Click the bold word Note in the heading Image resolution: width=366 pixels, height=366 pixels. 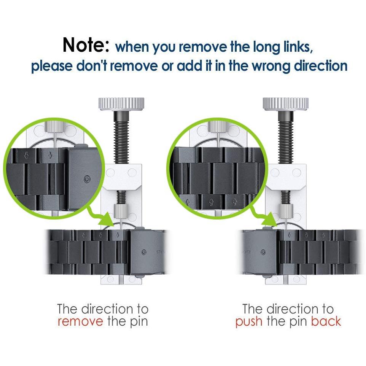(x=86, y=45)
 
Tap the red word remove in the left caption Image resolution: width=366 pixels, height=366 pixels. (x=80, y=321)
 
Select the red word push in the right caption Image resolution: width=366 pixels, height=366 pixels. (x=249, y=321)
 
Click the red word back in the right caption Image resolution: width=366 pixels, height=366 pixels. (x=326, y=321)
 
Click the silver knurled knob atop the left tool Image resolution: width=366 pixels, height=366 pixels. (x=121, y=104)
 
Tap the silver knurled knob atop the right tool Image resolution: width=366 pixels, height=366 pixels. (x=285, y=104)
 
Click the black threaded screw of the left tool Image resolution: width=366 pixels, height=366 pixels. (x=121, y=137)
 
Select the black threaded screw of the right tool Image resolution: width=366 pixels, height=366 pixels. (x=286, y=137)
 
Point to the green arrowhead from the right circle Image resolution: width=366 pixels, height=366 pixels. (x=271, y=220)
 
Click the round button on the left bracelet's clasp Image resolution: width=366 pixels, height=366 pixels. (x=144, y=252)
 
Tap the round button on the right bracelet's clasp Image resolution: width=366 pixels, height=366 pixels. (x=263, y=252)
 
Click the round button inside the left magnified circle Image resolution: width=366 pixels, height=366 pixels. (x=87, y=179)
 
